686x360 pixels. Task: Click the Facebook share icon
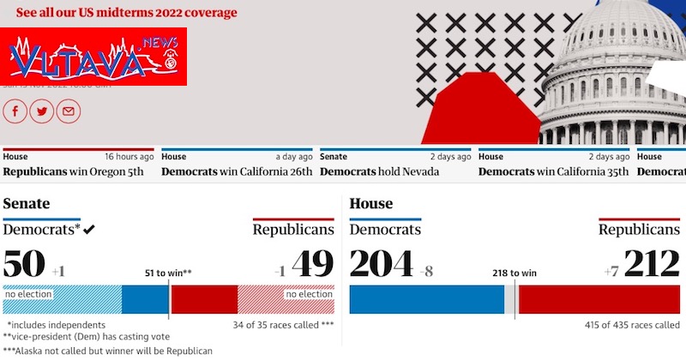click(x=15, y=111)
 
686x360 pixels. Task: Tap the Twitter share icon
click(x=42, y=111)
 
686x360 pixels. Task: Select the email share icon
click(x=69, y=111)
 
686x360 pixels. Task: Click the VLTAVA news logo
click(x=93, y=57)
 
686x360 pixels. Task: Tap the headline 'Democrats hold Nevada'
click(x=379, y=171)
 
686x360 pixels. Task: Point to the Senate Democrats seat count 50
click(x=24, y=264)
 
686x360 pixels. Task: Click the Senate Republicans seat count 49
click(x=313, y=264)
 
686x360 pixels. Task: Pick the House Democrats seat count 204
click(x=382, y=264)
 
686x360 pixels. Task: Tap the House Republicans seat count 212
click(x=652, y=264)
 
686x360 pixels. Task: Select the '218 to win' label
click(x=514, y=273)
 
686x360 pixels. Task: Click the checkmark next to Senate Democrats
click(x=89, y=230)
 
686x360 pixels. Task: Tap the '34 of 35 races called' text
click(x=283, y=326)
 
